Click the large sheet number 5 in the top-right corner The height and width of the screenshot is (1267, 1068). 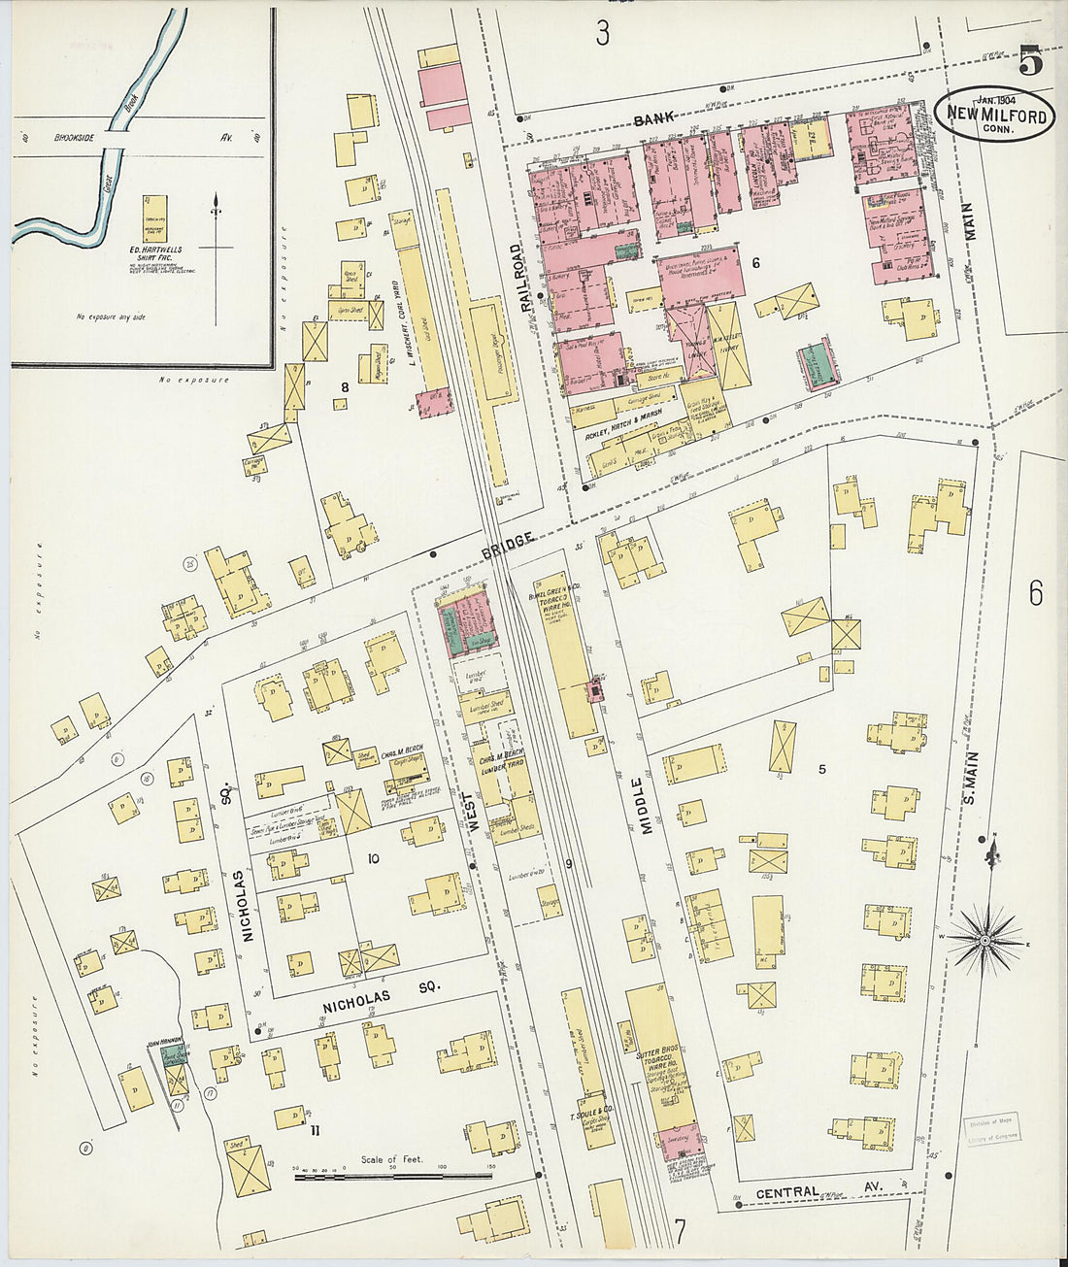click(1030, 62)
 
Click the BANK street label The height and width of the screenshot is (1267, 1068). click(653, 119)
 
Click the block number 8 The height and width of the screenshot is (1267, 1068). click(343, 387)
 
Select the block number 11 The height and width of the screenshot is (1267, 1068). click(313, 1130)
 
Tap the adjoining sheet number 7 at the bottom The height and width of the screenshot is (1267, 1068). click(680, 1231)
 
